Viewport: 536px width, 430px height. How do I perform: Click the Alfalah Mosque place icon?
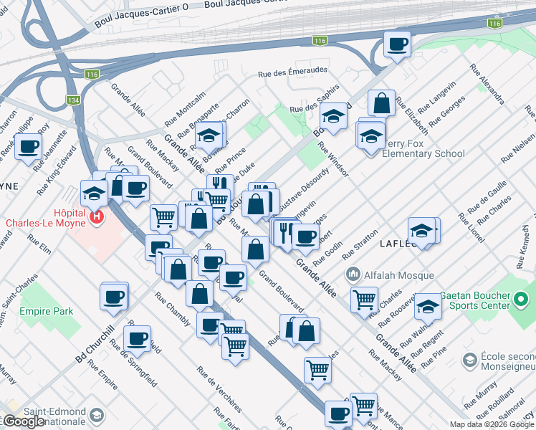(x=353, y=274)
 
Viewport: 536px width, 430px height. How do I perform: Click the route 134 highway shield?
(x=74, y=101)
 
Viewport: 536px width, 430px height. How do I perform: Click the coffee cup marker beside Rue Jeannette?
(x=29, y=148)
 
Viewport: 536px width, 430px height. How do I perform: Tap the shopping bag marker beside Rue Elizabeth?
(x=382, y=102)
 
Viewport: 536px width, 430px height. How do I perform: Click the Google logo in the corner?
(x=23, y=421)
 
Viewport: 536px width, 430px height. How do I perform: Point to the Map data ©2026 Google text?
(x=492, y=424)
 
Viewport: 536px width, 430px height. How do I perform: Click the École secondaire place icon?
(x=470, y=358)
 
